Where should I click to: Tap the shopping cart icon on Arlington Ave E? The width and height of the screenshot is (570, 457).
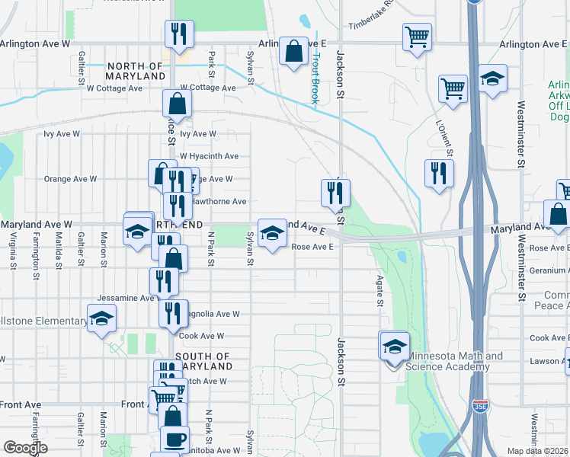418,36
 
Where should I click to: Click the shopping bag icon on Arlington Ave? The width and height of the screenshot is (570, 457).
293,52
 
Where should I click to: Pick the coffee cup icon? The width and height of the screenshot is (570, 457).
174,439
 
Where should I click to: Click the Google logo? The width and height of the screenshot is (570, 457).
25,449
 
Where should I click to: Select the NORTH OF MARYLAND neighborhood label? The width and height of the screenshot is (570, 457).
136,72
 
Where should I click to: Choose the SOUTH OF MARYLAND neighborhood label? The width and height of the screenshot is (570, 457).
202,361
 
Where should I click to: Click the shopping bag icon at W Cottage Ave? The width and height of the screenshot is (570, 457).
176,105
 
